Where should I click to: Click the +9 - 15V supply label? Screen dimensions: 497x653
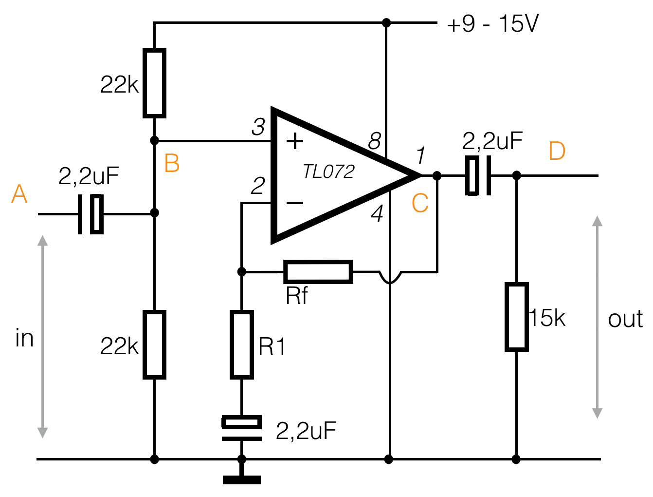point(492,24)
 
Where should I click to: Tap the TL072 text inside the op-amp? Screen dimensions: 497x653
point(328,172)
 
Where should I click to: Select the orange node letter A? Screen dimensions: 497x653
point(19,194)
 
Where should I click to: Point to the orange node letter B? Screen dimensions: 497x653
point(172,163)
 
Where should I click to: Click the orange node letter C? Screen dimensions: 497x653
point(420,203)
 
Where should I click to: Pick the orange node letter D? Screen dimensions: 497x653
point(557,151)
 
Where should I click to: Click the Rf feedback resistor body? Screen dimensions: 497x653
point(318,272)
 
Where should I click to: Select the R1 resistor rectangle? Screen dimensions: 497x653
point(241,344)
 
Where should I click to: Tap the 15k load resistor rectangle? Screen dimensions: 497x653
point(516,317)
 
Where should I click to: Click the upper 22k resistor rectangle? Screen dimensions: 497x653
point(154,83)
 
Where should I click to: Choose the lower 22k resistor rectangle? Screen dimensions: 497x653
point(154,344)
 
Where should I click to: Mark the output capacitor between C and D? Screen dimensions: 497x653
point(479,175)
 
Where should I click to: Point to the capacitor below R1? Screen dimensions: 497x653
point(241,428)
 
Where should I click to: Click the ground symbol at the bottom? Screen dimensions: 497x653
point(241,479)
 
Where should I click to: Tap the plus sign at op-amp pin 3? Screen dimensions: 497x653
point(295,142)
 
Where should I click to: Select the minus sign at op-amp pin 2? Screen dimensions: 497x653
point(295,203)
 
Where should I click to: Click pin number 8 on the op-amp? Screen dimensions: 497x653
point(374,141)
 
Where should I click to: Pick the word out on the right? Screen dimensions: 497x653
point(625,319)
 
